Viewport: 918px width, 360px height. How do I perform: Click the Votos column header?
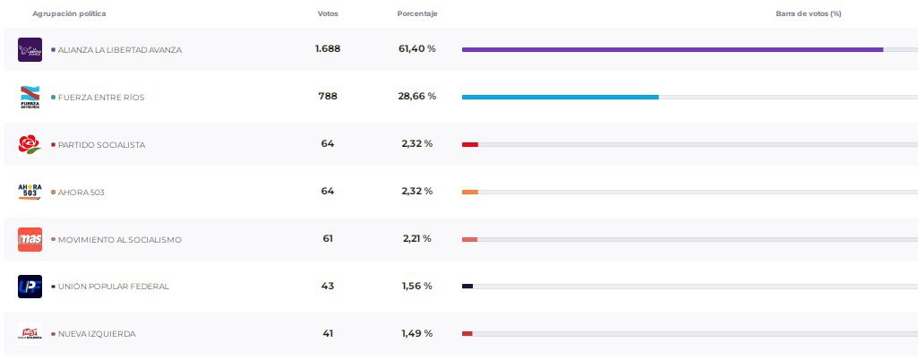click(328, 13)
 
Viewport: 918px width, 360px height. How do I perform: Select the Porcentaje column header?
click(417, 13)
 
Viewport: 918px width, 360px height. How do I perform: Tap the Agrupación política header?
click(69, 13)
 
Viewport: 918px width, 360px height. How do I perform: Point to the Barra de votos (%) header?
click(808, 13)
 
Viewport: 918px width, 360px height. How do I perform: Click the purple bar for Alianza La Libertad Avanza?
click(672, 49)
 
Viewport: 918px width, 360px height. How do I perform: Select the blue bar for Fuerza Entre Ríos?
click(560, 97)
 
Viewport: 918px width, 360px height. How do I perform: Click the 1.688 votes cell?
click(328, 49)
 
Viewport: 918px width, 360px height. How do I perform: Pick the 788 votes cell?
click(328, 97)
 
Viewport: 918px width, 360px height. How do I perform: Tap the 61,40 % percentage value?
click(417, 49)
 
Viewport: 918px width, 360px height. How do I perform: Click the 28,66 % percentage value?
click(417, 97)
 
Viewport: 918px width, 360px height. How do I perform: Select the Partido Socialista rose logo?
click(30, 144)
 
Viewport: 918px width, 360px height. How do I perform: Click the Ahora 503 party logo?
click(30, 192)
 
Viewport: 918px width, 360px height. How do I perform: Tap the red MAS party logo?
click(30, 239)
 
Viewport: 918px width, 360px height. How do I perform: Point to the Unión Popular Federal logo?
click(30, 287)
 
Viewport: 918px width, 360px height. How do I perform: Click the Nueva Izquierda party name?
click(97, 334)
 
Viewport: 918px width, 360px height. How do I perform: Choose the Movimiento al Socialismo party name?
click(119, 239)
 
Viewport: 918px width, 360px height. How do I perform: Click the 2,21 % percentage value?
click(416, 239)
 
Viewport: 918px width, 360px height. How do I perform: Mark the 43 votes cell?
click(328, 287)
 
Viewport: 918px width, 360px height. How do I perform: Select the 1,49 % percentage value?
click(416, 334)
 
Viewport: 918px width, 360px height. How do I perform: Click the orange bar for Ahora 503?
click(470, 192)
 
